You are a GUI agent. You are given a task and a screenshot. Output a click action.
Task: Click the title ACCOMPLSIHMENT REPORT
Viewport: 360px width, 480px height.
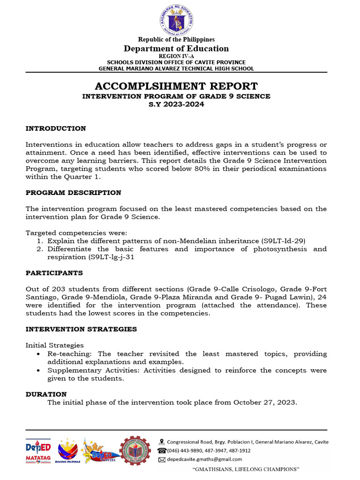tap(176, 86)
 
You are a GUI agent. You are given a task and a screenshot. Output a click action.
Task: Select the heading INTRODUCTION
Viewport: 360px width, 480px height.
tap(56, 128)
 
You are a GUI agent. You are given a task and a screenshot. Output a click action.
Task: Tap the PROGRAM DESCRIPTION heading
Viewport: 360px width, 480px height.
tap(73, 193)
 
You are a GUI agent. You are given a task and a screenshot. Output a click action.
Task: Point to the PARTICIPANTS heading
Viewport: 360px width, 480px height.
tap(54, 273)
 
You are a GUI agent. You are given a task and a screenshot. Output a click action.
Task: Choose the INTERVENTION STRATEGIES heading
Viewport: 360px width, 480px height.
tap(81, 329)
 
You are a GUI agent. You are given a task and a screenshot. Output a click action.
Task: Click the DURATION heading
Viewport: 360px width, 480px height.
tap(46, 394)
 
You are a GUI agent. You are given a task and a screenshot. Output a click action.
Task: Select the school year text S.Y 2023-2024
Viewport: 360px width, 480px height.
tap(176, 104)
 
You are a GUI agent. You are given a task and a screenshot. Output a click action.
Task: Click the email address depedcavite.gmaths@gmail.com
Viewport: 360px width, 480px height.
tap(204, 459)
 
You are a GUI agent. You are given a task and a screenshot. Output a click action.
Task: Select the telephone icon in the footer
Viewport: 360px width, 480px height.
tap(162, 450)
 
